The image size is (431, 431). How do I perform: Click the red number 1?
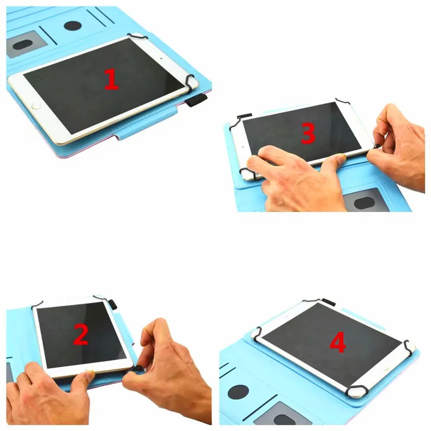(111, 80)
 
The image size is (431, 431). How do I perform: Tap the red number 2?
(81, 334)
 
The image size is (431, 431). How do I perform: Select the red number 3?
(308, 133)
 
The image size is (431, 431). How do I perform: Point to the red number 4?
(338, 343)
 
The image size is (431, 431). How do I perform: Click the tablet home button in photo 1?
(35, 106)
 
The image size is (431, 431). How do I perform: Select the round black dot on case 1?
(73, 26)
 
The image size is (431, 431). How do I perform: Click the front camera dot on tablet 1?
(161, 57)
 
